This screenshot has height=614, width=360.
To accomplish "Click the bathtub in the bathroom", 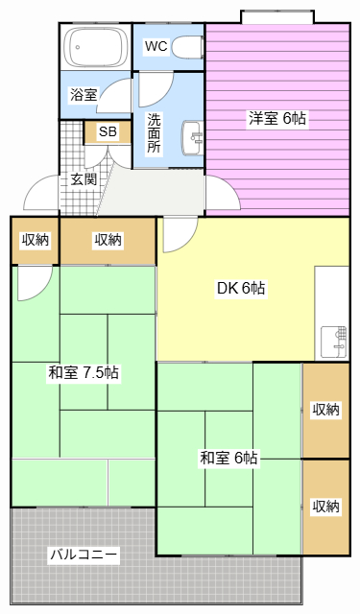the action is coord(96,47).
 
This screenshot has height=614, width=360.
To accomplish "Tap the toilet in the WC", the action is coord(187,47).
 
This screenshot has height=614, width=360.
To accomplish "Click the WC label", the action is coord(156,46).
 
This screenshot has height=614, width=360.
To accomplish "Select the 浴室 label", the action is coord(84,94).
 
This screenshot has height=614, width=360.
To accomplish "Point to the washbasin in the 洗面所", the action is coord(192,137).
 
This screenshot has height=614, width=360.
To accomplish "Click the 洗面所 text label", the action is coord(155,132).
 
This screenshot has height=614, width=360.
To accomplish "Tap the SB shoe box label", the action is coord(108,131).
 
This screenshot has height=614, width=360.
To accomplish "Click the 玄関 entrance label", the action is coord(84,179).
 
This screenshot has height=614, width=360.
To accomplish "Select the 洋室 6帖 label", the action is coord(277,118).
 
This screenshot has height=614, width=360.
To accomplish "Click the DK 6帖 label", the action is coord(241,288).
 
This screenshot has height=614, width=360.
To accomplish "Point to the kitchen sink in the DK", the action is coord(334,342).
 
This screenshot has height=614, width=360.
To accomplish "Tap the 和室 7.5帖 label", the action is coord(84,372).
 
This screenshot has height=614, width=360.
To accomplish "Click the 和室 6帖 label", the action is coord(229,458).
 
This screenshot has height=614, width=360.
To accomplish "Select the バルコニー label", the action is coord(84,555).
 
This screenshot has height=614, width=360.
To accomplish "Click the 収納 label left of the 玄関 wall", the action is coord(36,240).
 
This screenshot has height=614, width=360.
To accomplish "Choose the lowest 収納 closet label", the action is coord(325,507).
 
